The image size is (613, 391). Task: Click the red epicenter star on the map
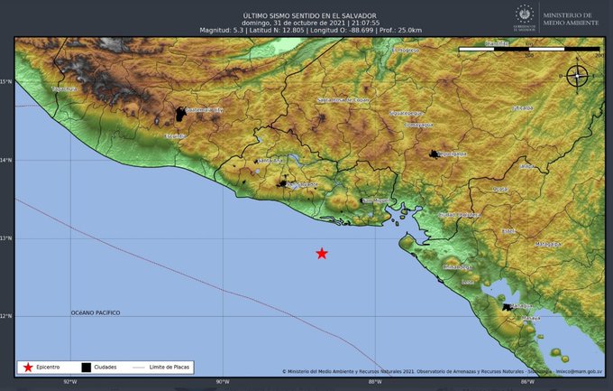tap(322, 254)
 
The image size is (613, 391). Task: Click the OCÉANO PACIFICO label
tap(96, 312)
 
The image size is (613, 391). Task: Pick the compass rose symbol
tap(577, 77)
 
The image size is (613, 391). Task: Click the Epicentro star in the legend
tap(29, 368)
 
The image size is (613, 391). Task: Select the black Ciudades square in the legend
tap(86, 368)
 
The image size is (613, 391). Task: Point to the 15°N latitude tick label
tap(7, 82)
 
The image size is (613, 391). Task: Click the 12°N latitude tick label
tap(7, 316)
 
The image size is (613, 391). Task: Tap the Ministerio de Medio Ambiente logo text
tap(569, 15)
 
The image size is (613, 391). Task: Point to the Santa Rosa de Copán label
tap(343, 99)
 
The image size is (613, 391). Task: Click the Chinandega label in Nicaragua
tap(458, 267)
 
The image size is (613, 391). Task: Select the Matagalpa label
tap(548, 244)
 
